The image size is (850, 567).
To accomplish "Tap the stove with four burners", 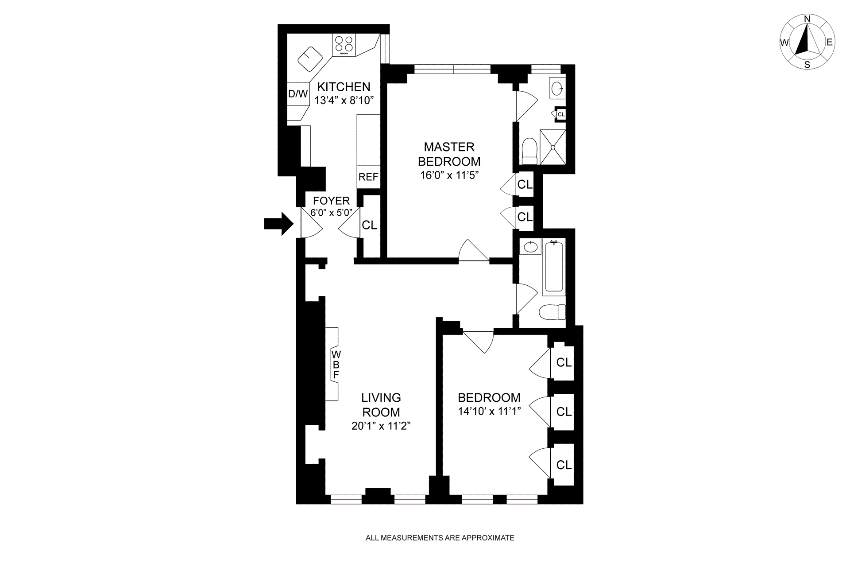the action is click(344, 45).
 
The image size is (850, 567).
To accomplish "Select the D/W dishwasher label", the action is click(298, 94).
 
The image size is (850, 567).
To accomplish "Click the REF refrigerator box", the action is click(368, 177).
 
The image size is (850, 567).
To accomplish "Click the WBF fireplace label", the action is click(336, 365).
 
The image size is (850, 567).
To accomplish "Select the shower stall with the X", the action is click(553, 148).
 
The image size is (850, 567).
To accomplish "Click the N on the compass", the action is click(807, 31).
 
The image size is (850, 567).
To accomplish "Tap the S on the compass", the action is click(807, 65).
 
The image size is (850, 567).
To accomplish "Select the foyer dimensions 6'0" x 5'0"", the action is click(331, 212).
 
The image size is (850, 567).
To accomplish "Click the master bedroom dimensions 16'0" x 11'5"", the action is click(449, 175).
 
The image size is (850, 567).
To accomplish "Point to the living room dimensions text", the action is click(381, 426).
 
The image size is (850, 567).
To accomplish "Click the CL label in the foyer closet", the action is click(369, 225).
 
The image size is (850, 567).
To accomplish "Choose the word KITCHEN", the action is click(344, 86).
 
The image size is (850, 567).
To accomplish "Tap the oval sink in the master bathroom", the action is click(557, 89).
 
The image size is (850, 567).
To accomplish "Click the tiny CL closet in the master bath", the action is click(561, 114).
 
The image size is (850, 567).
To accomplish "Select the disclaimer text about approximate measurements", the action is click(440, 538).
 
